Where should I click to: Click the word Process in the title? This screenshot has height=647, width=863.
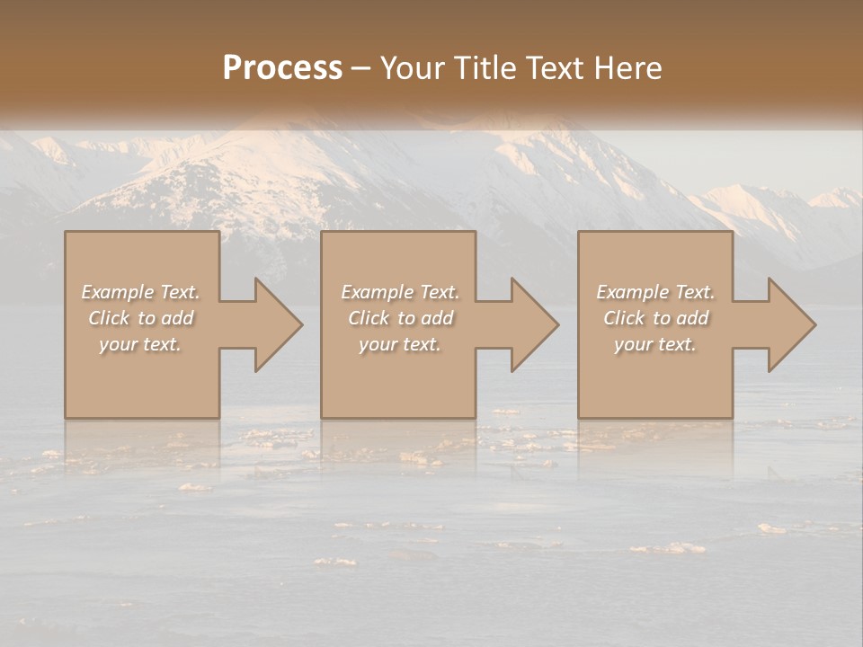pyautogui.click(x=282, y=68)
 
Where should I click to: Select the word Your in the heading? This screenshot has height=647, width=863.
pyautogui.click(x=413, y=68)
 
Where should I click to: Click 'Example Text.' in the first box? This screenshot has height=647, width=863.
pyautogui.click(x=140, y=292)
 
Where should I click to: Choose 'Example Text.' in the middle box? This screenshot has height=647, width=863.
pyautogui.click(x=399, y=292)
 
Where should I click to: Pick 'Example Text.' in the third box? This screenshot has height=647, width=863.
pyautogui.click(x=655, y=292)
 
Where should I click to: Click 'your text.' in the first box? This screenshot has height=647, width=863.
pyautogui.click(x=140, y=344)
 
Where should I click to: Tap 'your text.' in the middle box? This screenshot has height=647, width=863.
pyautogui.click(x=399, y=344)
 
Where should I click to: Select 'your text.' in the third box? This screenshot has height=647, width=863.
pyautogui.click(x=655, y=344)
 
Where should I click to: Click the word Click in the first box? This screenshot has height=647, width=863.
pyautogui.click(x=109, y=318)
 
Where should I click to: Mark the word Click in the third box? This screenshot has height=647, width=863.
pyautogui.click(x=624, y=318)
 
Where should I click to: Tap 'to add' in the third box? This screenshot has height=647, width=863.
pyautogui.click(x=681, y=318)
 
